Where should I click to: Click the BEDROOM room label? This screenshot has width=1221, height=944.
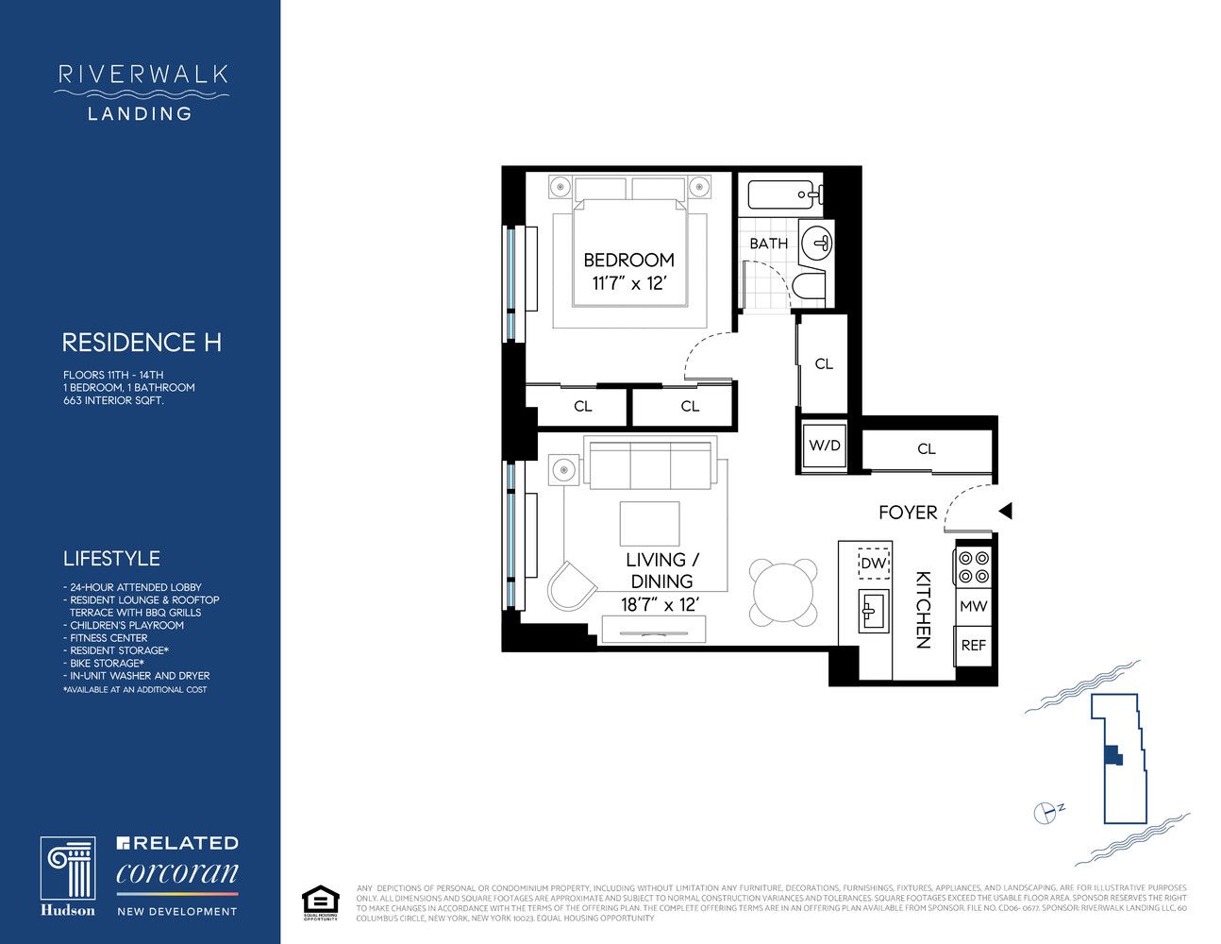tap(628, 260)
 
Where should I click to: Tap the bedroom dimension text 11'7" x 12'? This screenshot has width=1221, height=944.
tap(628, 283)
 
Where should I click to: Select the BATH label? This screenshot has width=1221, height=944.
tap(768, 244)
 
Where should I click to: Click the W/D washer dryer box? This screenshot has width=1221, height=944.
tap(824, 445)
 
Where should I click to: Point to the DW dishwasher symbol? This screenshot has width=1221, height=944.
tap(874, 564)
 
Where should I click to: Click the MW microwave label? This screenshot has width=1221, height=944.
tap(973, 607)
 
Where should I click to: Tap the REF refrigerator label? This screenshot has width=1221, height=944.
tap(973, 646)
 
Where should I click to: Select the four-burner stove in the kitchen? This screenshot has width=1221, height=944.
tap(973, 565)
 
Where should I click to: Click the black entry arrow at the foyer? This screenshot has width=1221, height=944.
tap(1005, 512)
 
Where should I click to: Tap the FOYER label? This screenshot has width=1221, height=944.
tap(908, 513)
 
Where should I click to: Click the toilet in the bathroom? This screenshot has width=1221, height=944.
tap(809, 285)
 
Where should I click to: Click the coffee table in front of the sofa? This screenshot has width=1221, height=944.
tap(649, 523)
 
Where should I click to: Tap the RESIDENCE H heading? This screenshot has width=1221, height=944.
tap(142, 342)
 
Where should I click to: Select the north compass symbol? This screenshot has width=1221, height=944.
tap(1045, 812)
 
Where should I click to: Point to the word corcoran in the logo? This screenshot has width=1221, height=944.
tap(176, 874)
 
